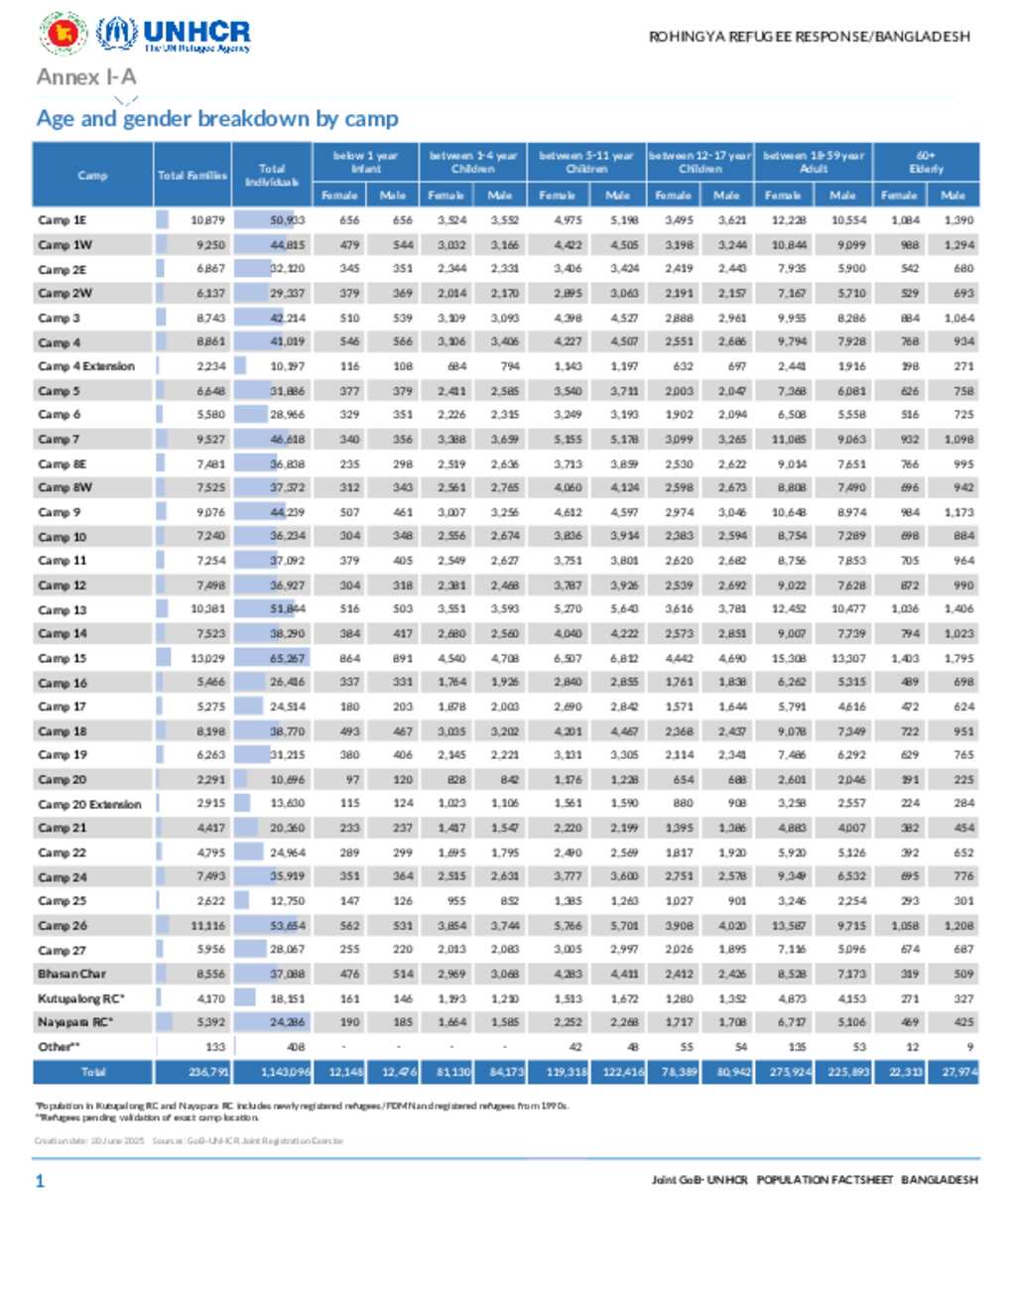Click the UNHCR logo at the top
click(174, 35)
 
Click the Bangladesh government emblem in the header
click(63, 34)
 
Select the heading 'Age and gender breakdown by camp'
click(217, 119)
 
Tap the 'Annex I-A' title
click(86, 76)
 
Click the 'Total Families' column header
click(192, 175)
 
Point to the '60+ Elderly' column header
click(925, 162)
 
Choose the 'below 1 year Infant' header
click(365, 162)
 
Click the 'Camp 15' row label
click(63, 658)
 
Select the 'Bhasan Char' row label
click(71, 974)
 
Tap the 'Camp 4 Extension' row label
click(86, 366)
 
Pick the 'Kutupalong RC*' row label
click(81, 998)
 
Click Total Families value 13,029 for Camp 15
click(208, 658)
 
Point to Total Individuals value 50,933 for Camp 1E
click(287, 220)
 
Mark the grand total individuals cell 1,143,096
click(285, 1072)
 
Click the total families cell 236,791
click(208, 1072)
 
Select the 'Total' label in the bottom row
click(93, 1072)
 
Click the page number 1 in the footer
click(40, 1180)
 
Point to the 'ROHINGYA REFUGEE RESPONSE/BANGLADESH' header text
click(809, 37)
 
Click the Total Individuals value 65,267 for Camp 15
click(287, 658)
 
